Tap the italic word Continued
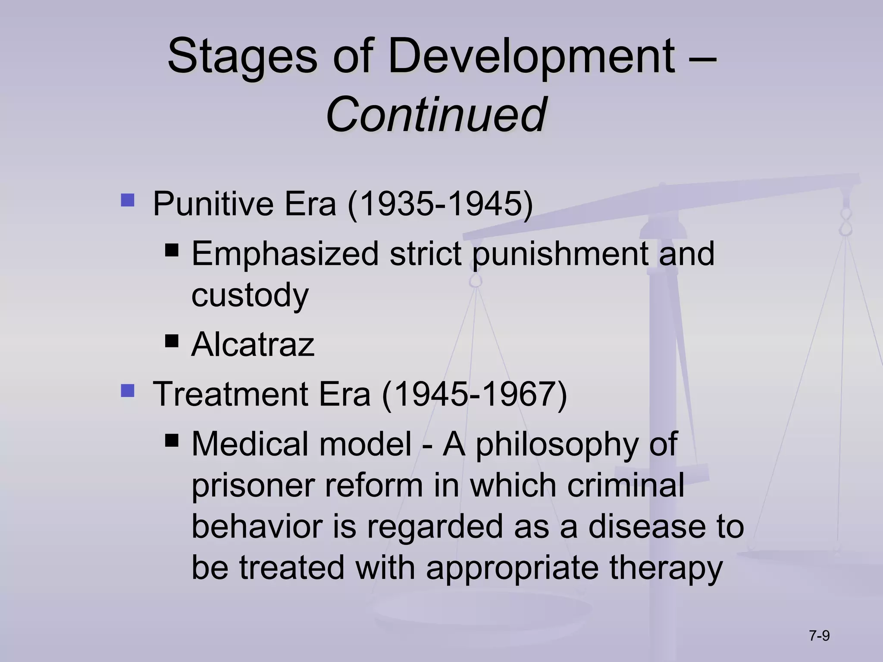[436, 115]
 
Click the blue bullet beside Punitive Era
[128, 200]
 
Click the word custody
[250, 295]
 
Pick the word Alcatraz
[253, 344]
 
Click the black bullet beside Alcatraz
[172, 342]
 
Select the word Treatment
[231, 394]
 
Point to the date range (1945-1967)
[475, 394]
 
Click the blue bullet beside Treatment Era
[128, 391]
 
